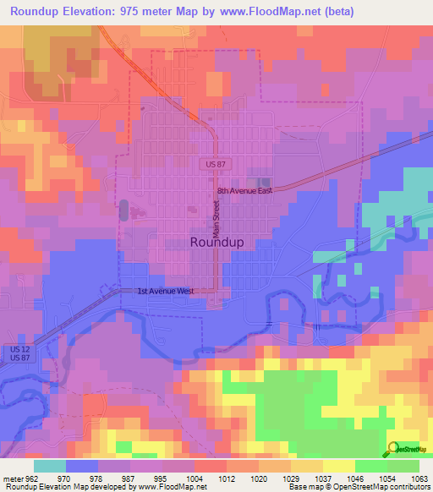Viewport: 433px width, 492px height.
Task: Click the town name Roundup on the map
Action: (x=217, y=242)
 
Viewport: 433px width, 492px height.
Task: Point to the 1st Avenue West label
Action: (x=166, y=292)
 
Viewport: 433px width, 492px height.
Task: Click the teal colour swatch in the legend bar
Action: (x=50, y=466)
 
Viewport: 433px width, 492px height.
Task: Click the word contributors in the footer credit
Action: (x=407, y=487)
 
